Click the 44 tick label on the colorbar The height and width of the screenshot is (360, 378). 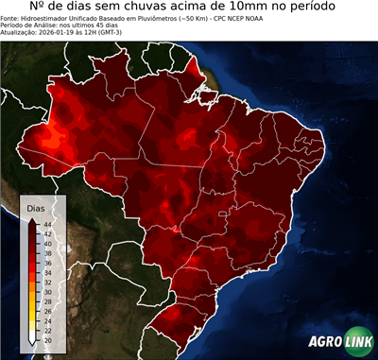47,223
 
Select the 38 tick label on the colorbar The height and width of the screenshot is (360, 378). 47,252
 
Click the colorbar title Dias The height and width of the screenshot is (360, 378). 36,206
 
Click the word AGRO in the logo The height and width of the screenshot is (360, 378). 324,343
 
